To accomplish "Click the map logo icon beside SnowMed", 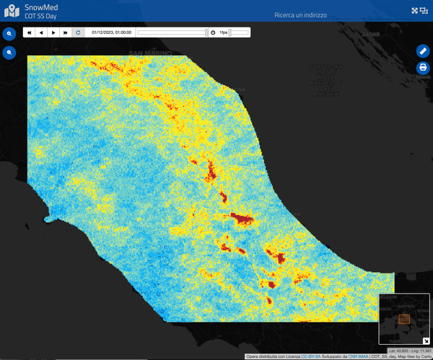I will pyautogui.click(x=12, y=11).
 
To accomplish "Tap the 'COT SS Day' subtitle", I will pyautogui.click(x=41, y=16).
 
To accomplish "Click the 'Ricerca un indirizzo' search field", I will pyautogui.click(x=301, y=15).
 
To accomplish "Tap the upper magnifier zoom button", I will pyautogui.click(x=10, y=34).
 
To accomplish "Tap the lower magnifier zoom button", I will pyautogui.click(x=10, y=53).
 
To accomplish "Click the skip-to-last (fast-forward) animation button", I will pyautogui.click(x=66, y=32).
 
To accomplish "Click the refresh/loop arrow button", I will pyautogui.click(x=78, y=32).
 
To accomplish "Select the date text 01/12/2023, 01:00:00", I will pyautogui.click(x=111, y=32).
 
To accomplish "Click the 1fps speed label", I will pyautogui.click(x=224, y=32).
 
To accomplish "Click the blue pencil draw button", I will pyautogui.click(x=423, y=51).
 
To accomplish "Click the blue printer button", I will pyautogui.click(x=423, y=68).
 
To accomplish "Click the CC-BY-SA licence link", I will pyautogui.click(x=311, y=356).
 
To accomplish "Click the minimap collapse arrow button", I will pyautogui.click(x=426, y=341).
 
